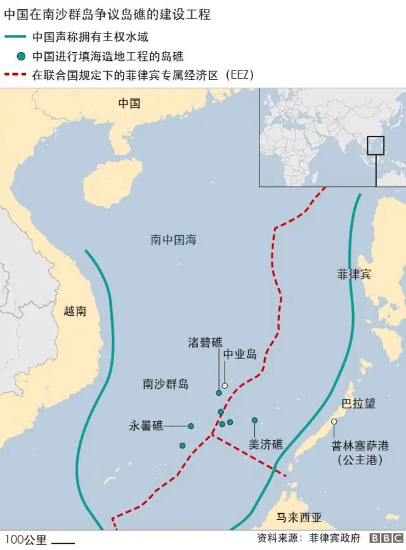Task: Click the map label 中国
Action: click(129, 103)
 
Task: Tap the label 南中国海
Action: click(173, 240)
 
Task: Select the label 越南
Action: click(75, 311)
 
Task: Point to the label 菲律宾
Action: click(354, 275)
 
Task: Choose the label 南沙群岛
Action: click(165, 384)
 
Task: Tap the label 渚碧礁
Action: click(205, 343)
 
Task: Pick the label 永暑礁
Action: click(147, 426)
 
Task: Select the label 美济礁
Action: click(265, 445)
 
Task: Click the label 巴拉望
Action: click(358, 403)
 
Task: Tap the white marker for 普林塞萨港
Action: click(334, 421)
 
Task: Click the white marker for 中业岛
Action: click(225, 385)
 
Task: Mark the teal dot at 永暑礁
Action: click(191, 426)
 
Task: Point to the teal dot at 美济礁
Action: click(254, 420)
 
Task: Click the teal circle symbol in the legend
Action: click(22, 56)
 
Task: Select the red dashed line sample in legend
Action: click(15, 74)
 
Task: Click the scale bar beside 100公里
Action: click(62, 542)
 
